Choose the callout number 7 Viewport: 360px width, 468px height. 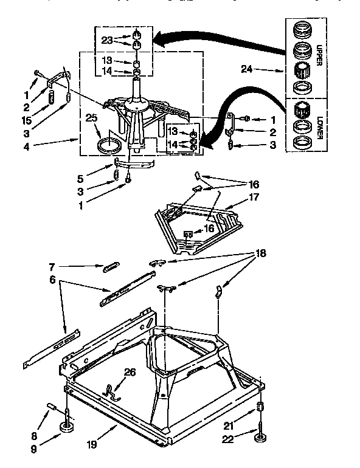tap(53, 266)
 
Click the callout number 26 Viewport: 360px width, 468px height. tap(130, 372)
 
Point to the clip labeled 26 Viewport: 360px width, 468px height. tap(111, 391)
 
